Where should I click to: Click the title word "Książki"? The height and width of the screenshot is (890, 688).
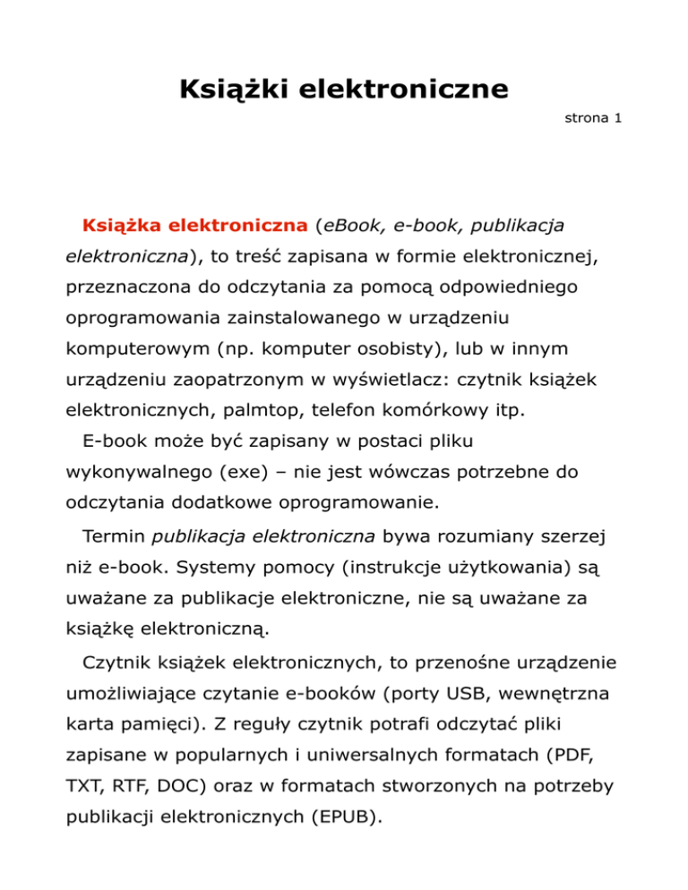(x=230, y=90)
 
